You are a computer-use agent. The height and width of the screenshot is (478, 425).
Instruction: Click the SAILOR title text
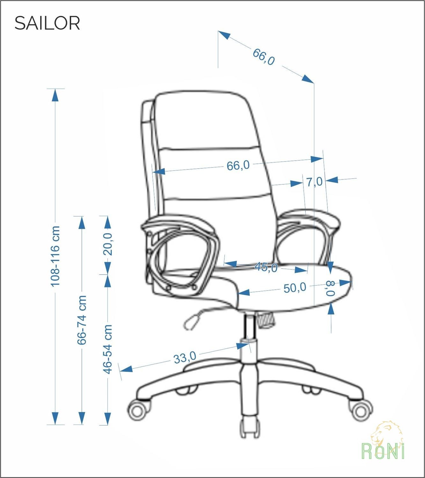47,23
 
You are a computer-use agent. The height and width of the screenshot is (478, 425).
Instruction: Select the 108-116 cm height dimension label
55,256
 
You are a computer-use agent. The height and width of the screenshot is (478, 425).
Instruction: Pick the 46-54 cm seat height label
108,349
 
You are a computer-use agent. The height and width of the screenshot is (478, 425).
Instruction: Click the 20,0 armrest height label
108,244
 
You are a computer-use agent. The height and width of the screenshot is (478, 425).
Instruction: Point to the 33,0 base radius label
185,358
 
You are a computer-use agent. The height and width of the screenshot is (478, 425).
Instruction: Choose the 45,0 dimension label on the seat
266,267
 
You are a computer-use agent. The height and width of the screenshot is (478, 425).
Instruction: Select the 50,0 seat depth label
295,288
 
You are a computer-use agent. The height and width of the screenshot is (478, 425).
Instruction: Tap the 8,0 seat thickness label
331,288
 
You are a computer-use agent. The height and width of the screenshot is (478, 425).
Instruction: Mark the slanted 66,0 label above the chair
264,57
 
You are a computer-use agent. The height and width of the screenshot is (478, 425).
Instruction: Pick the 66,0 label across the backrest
238,165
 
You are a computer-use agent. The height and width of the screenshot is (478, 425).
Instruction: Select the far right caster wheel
361,412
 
